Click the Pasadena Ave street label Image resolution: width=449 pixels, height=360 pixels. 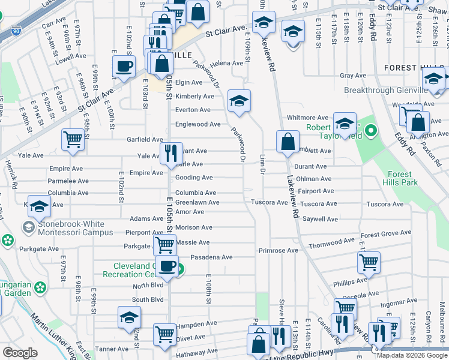[x=211, y=257]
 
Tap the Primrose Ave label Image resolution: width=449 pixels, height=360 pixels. [x=278, y=250]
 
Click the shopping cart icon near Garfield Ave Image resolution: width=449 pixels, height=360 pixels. [x=73, y=140]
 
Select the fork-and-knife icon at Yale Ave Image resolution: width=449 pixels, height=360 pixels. [x=170, y=154]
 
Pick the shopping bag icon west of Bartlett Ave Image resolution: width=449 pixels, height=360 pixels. [x=288, y=142]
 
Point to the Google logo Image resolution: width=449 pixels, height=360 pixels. [x=20, y=353]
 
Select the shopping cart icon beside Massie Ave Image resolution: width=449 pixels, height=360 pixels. [x=164, y=244]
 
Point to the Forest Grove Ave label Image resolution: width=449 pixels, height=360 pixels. [x=386, y=234]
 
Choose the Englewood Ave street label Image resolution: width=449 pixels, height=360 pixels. [x=197, y=124]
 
